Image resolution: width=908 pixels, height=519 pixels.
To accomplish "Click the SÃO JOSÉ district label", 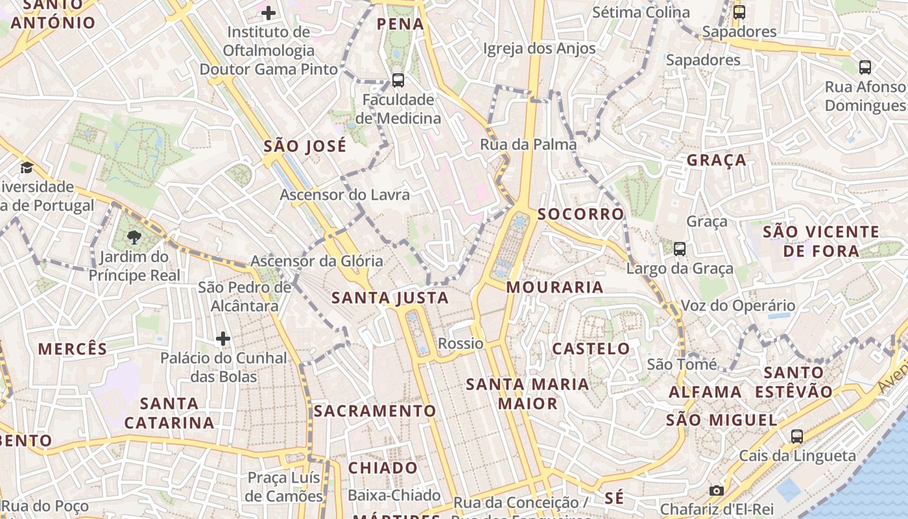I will (305, 147).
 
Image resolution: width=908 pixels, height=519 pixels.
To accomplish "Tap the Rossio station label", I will (460, 343).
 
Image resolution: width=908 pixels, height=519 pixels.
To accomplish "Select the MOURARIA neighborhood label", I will (555, 287).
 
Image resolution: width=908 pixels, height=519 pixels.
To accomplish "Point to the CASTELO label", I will (591, 348).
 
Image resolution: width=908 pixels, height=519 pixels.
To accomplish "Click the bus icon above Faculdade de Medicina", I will (398, 80).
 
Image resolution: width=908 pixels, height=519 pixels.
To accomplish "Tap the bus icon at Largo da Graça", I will (680, 248).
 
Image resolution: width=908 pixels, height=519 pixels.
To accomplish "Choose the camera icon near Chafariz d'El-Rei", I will (717, 490).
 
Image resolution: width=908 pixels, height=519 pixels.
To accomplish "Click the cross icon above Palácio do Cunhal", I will (223, 338).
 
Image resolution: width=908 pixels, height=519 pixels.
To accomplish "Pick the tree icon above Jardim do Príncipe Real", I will (134, 237).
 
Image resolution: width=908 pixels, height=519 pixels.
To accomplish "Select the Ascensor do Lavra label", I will (344, 195).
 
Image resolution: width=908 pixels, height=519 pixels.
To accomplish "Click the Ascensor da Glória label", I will (317, 261).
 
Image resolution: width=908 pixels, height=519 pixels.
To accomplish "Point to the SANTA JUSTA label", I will (390, 298).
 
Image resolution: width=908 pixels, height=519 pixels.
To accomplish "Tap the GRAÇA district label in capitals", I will (717, 160).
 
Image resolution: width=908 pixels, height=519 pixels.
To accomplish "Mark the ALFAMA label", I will (705, 392).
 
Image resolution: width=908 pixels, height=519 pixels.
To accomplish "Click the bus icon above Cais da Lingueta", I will (797, 436).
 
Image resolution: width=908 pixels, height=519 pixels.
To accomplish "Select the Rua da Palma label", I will (528, 145).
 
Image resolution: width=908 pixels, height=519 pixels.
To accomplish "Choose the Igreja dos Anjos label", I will (539, 49).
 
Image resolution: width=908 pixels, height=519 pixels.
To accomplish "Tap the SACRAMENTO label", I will (375, 411).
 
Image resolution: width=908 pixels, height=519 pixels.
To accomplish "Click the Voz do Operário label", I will (737, 306).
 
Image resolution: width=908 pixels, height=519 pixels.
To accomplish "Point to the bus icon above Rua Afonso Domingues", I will (865, 67).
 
